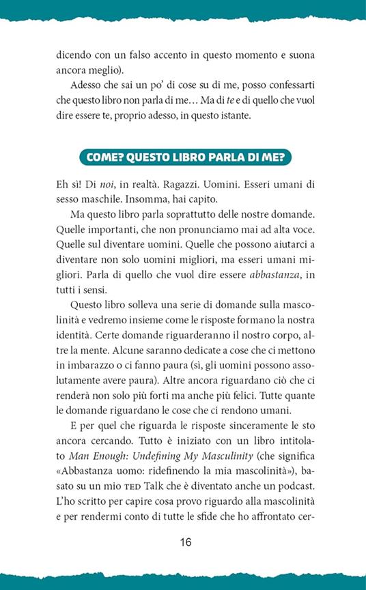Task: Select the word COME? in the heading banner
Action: pyautogui.click(x=108, y=156)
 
